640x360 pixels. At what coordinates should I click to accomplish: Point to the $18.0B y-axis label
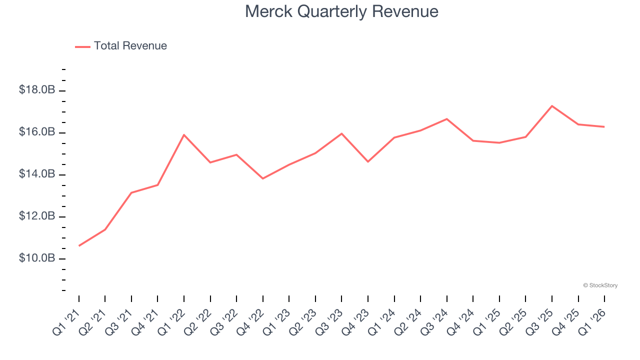pyautogui.click(x=37, y=90)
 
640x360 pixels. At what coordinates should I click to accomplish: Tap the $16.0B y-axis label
pyautogui.click(x=37, y=132)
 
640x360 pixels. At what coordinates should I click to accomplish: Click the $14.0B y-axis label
pyautogui.click(x=37, y=174)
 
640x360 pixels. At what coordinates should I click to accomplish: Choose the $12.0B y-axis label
pyautogui.click(x=37, y=216)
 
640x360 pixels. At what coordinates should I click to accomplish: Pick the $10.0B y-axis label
pyautogui.click(x=37, y=258)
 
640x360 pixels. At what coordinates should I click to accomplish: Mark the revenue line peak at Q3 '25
pyautogui.click(x=552, y=106)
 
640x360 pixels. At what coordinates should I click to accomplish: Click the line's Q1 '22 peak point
pyautogui.click(x=184, y=134)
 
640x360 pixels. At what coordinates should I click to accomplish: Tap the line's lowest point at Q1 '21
pyautogui.click(x=79, y=245)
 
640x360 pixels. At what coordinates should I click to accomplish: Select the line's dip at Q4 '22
pyautogui.click(x=263, y=178)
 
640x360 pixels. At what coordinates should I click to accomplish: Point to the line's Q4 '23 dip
pyautogui.click(x=368, y=161)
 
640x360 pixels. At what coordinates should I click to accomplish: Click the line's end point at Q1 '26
pyautogui.click(x=604, y=126)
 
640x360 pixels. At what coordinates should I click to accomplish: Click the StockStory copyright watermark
pyautogui.click(x=600, y=285)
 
